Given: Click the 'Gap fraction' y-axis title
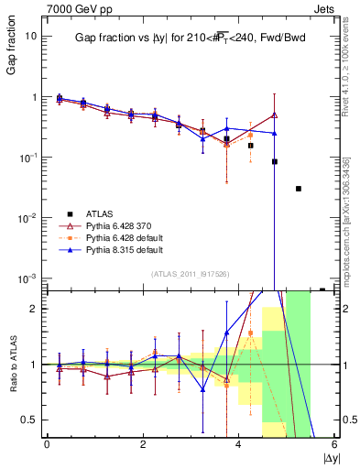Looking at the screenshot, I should coord(11,50).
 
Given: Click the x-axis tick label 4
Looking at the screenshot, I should coord(238,446).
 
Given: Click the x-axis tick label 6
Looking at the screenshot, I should coord(334,446).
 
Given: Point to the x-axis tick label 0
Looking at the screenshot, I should coord(47,446).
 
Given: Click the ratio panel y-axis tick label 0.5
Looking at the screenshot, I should coord(28,420).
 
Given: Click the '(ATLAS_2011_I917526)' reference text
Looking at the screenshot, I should coord(191,274).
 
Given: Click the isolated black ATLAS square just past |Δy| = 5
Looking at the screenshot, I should coord(299,189).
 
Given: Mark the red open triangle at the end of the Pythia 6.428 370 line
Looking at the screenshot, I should coord(275,115).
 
